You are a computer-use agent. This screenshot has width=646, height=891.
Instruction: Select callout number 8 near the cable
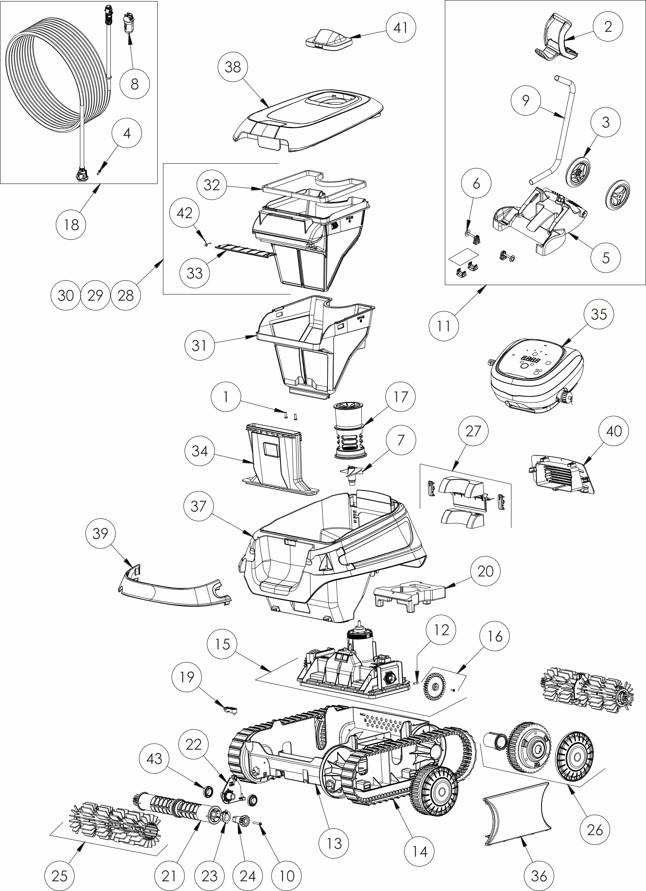[x=134, y=83]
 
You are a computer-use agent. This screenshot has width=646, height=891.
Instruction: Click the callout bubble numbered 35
[x=599, y=314]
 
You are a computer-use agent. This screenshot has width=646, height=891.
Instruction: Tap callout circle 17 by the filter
[x=401, y=397]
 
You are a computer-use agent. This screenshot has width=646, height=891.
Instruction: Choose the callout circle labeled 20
[x=485, y=571]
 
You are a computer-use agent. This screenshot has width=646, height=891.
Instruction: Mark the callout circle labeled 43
[x=154, y=758]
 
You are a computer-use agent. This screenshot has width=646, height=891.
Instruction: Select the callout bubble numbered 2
[x=608, y=27]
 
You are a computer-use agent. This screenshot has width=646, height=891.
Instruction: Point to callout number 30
[x=66, y=295]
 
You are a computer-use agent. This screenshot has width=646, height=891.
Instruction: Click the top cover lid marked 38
[x=311, y=122]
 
